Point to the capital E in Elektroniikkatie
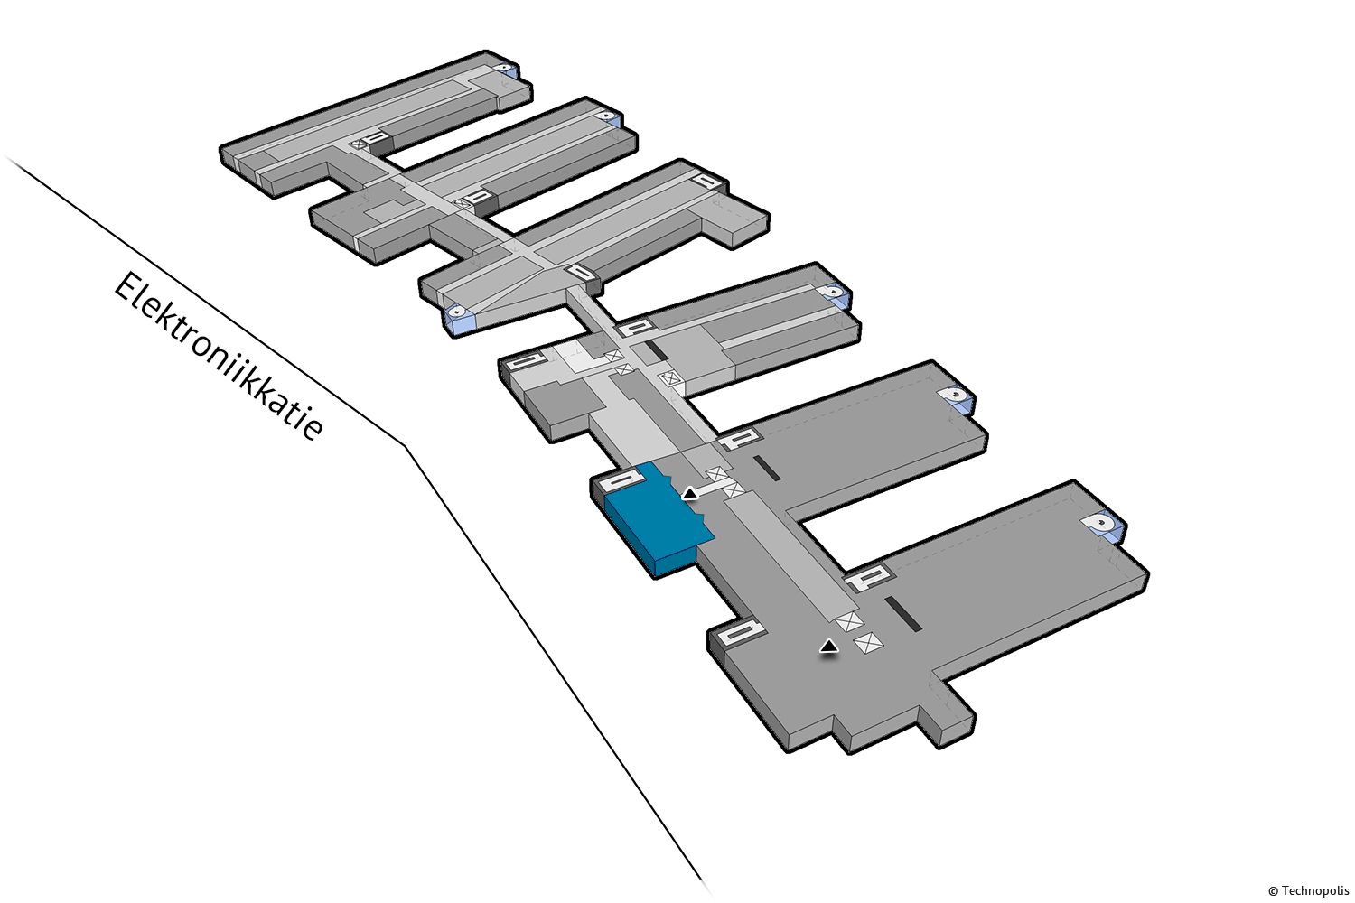(x=128, y=290)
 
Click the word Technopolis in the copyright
(x=1315, y=891)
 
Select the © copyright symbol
(x=1274, y=891)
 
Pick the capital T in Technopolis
(x=1285, y=891)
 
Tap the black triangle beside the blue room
(x=689, y=494)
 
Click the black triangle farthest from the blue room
(x=828, y=647)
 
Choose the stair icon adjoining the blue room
(x=621, y=480)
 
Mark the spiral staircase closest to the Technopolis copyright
(x=1104, y=524)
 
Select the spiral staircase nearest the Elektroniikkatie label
(x=458, y=312)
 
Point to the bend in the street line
(x=406, y=446)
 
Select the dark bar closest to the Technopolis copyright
(x=903, y=613)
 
